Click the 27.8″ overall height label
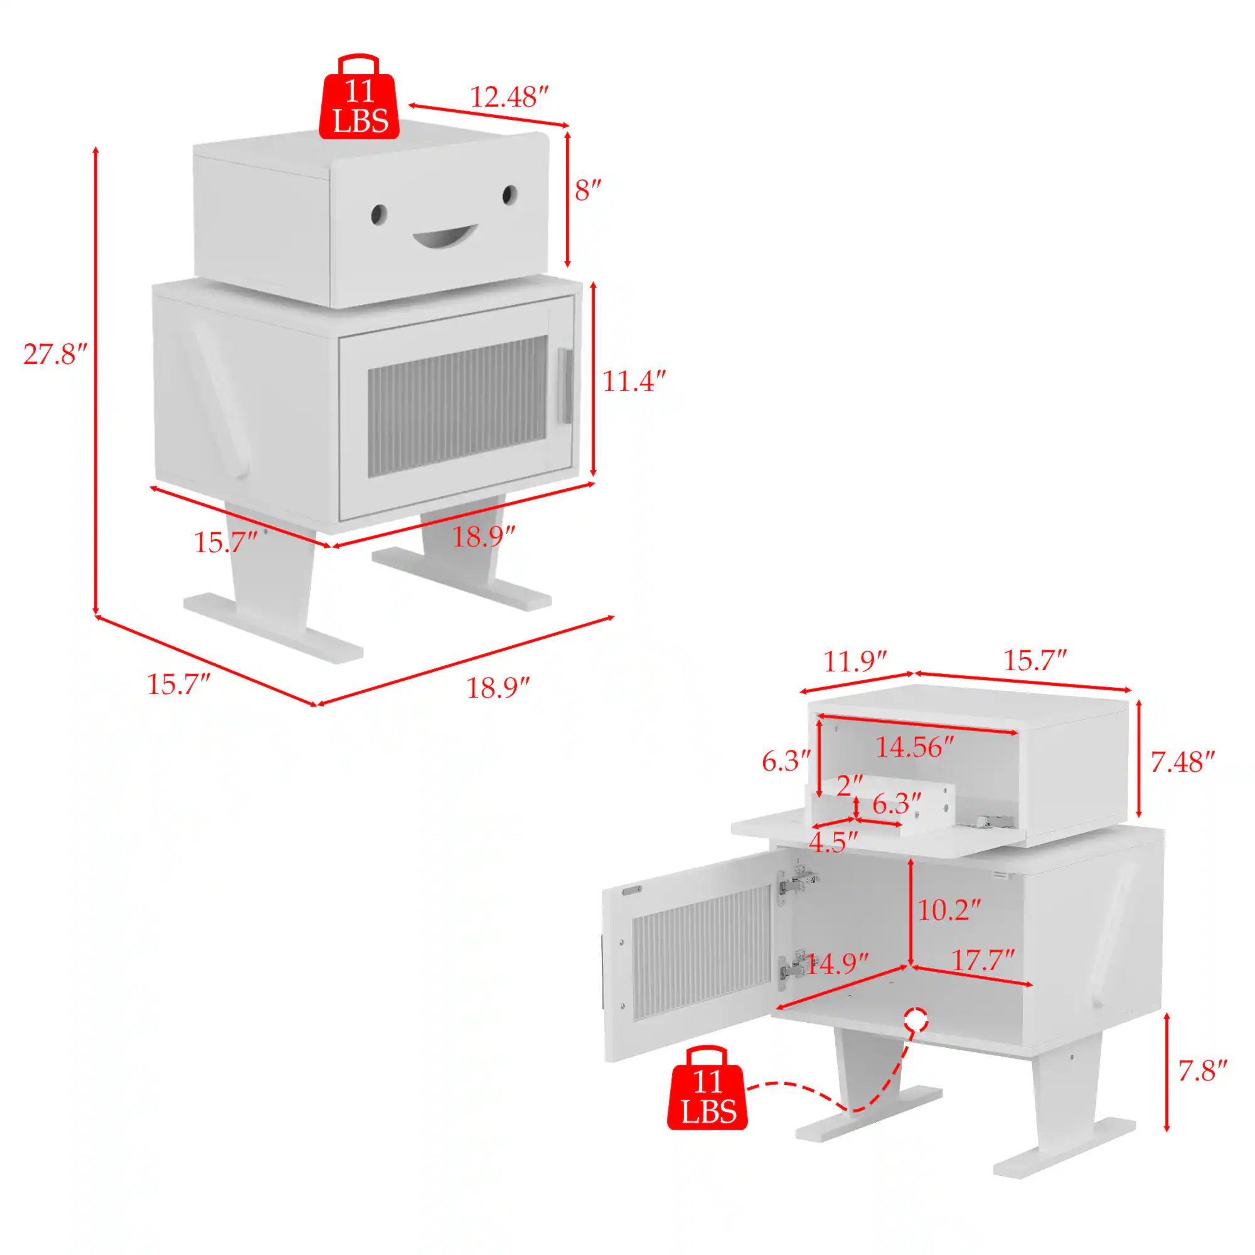[x=55, y=355]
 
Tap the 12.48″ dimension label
[x=510, y=97]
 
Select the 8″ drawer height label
[x=588, y=190]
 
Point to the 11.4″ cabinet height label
[x=634, y=382]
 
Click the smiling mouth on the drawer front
[x=445, y=237]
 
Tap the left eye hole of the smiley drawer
[x=379, y=215]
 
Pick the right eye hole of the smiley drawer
[x=510, y=195]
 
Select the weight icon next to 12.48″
[x=359, y=99]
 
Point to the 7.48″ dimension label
[x=1182, y=762]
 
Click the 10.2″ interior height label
[x=948, y=910]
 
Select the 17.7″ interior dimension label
[x=982, y=960]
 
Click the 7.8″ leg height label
[x=1202, y=1071]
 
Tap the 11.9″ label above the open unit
[x=855, y=662]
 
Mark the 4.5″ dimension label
[x=833, y=843]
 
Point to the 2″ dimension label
[x=849, y=786]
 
